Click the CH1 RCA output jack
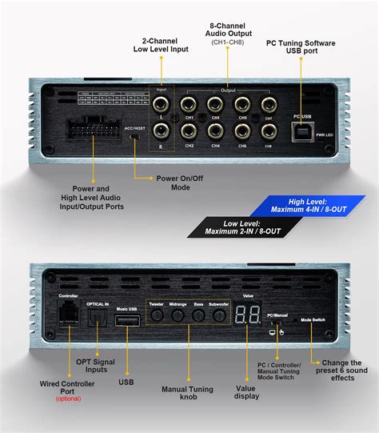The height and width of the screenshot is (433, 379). [x=189, y=104]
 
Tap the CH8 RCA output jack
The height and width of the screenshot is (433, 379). [x=269, y=130]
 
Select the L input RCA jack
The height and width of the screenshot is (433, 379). [x=162, y=104]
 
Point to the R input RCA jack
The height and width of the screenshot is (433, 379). [x=162, y=130]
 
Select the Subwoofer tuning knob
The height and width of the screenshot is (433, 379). [x=217, y=315]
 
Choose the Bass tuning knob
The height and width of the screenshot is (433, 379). [x=197, y=315]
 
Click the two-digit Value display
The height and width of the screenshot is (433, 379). [x=247, y=314]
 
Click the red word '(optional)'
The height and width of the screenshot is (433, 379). [x=69, y=397]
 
